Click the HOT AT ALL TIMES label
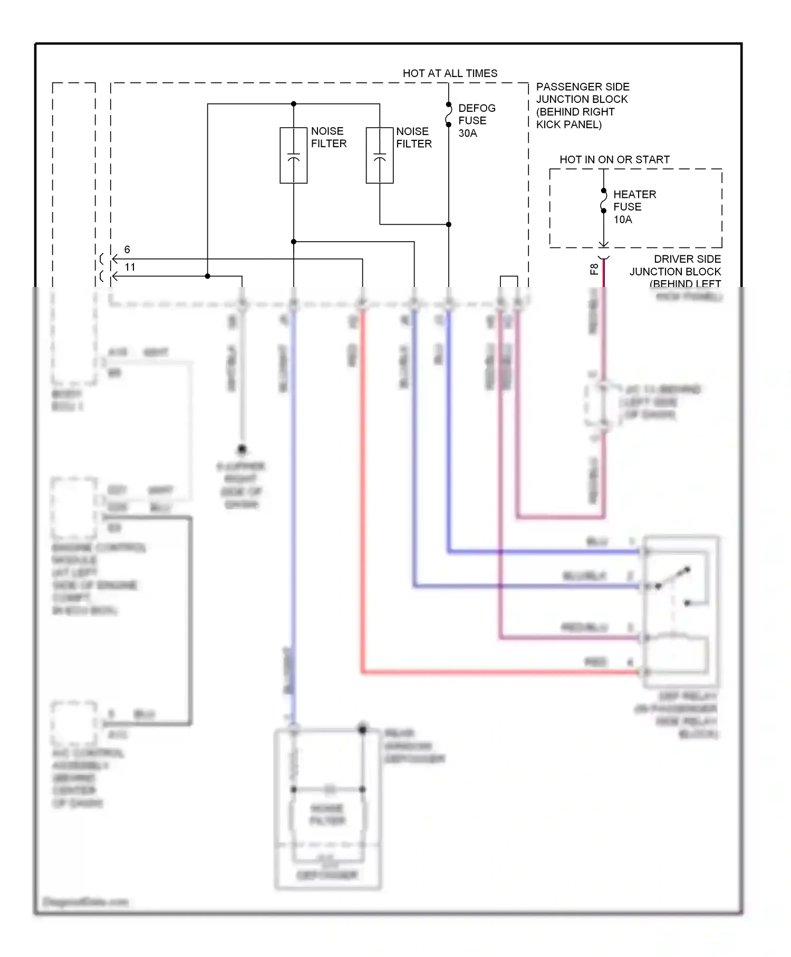click(x=450, y=73)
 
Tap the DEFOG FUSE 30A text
click(x=476, y=121)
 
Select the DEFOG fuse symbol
click(x=449, y=115)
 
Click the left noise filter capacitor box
click(x=293, y=156)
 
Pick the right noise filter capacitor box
click(x=380, y=156)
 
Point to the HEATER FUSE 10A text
click(x=634, y=207)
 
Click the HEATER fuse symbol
click(x=604, y=201)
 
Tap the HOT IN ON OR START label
click(x=614, y=159)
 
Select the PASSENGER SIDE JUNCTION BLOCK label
click(x=582, y=106)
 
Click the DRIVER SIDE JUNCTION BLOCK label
click(x=675, y=271)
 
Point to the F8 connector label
click(x=594, y=269)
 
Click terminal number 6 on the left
click(x=127, y=250)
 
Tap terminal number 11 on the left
click(x=130, y=267)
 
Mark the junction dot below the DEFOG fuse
click(x=449, y=224)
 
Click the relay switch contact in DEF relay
click(x=673, y=578)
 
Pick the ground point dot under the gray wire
click(x=242, y=449)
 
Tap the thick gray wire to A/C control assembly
click(x=190, y=623)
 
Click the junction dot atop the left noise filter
click(x=294, y=104)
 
